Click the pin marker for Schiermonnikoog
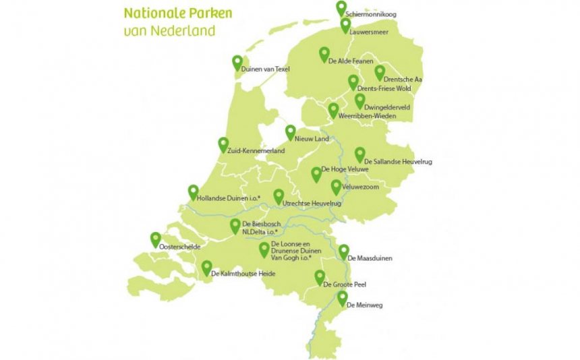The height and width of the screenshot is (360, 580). [341, 7]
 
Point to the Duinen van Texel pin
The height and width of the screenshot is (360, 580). [237, 62]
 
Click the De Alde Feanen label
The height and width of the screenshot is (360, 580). [351, 61]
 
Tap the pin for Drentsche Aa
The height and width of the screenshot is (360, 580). [380, 71]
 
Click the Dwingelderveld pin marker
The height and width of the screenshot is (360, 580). [359, 100]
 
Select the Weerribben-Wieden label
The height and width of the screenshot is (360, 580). [368, 117]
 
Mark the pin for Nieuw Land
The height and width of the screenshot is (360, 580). [290, 131]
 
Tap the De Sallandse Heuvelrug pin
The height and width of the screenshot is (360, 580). [359, 154]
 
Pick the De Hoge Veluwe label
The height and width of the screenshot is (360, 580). [344, 169]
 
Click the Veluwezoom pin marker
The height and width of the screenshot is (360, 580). [336, 186]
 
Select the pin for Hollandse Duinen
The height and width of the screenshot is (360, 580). [193, 191]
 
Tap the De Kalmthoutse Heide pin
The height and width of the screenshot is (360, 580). [206, 267]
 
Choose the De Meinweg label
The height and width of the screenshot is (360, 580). [364, 306]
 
